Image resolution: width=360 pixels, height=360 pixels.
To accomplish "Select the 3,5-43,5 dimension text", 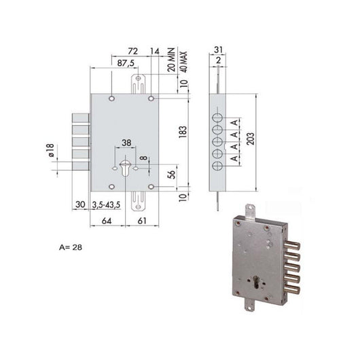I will tap(109, 204).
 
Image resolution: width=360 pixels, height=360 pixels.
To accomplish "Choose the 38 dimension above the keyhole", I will tap(126, 143).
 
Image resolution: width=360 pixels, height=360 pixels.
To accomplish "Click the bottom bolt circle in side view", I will tap(218, 166).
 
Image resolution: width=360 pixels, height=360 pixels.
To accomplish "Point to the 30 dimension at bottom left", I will tap(79, 204).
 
